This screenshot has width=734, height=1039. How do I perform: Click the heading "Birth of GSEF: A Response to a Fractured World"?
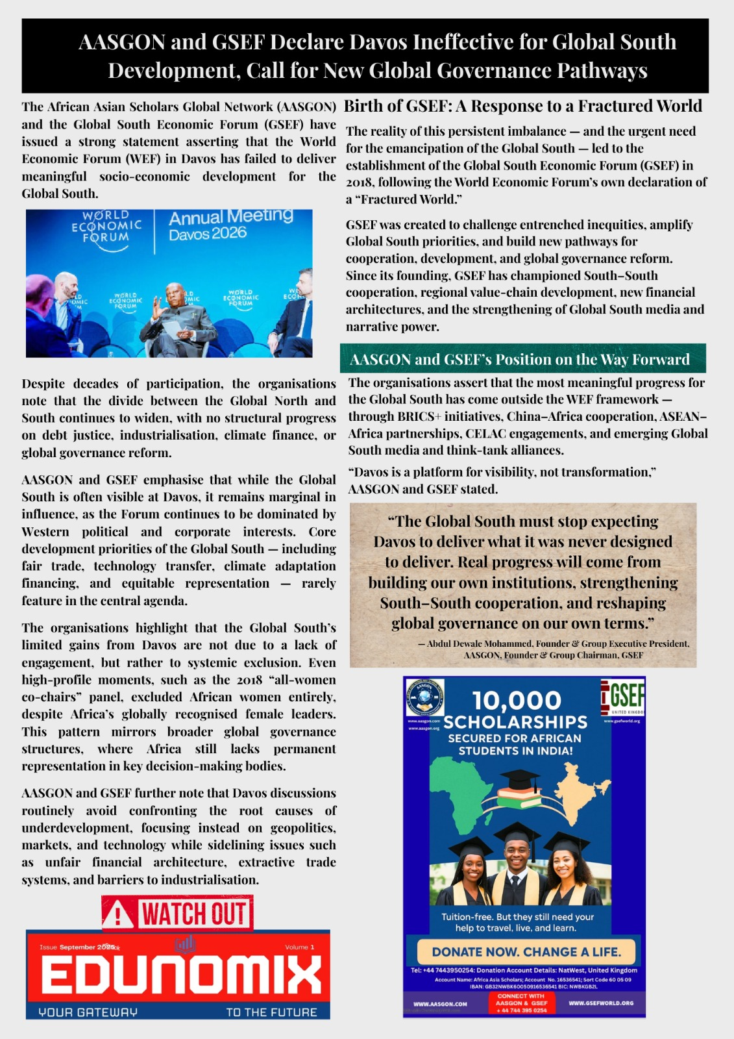[x=522, y=106]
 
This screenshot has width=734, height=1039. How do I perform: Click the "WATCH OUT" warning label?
[x=193, y=914]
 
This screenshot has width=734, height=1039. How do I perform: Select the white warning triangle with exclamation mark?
[x=118, y=916]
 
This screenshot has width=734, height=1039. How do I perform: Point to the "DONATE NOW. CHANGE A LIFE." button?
[x=526, y=952]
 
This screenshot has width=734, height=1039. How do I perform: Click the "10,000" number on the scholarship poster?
[x=517, y=701]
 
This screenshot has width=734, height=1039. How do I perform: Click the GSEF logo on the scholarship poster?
[x=624, y=697]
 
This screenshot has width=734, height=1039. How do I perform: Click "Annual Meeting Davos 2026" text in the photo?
[x=230, y=224]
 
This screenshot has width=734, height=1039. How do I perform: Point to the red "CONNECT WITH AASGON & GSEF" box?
[x=521, y=1003]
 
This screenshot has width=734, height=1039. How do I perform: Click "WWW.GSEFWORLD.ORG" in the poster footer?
[x=601, y=1003]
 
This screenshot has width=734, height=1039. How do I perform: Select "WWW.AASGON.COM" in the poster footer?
[x=440, y=1004]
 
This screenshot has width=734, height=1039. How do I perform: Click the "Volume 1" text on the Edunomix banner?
[x=299, y=947]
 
